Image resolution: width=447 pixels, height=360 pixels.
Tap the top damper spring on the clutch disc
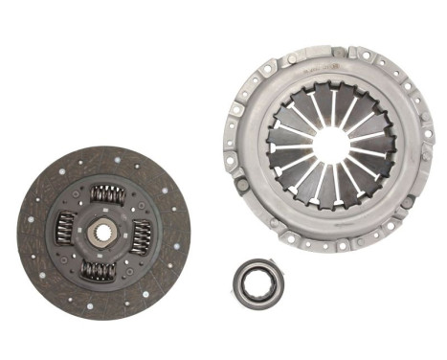tap(107, 194)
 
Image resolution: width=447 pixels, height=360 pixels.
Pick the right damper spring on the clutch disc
tap(141, 235)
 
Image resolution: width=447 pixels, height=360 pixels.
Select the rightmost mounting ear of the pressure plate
tap(428, 153)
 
